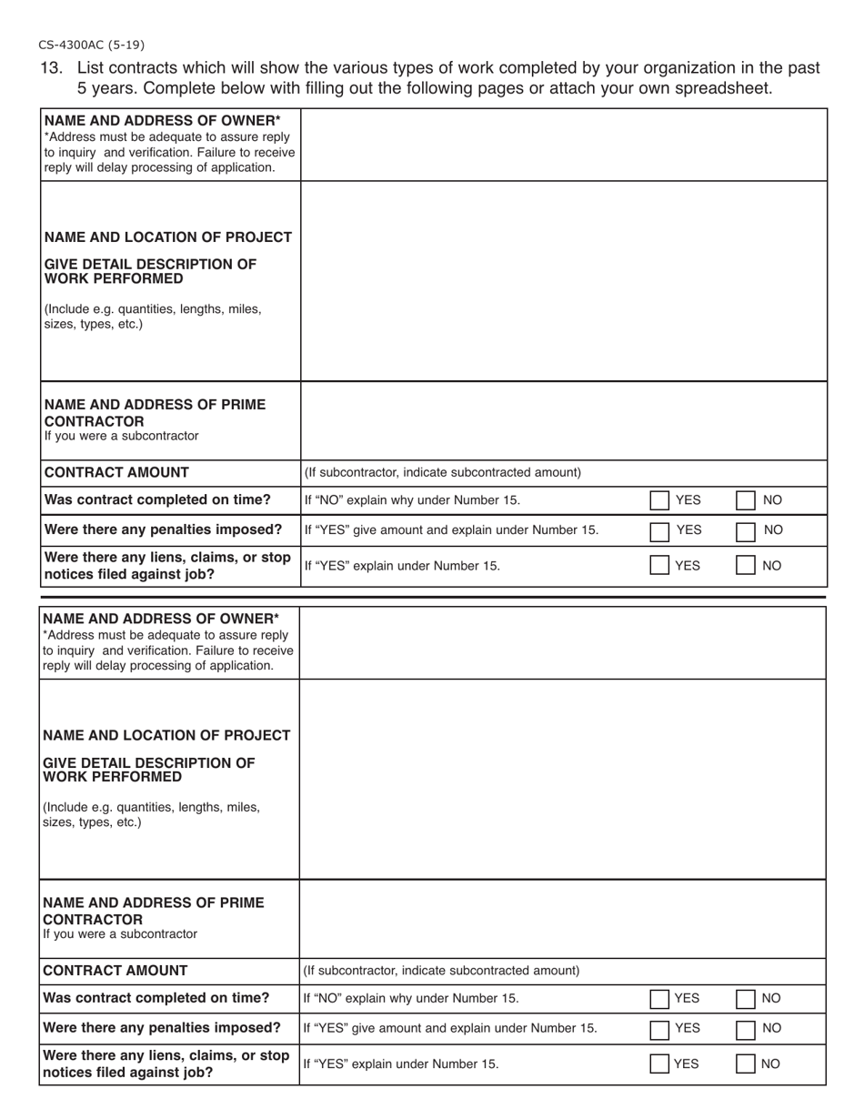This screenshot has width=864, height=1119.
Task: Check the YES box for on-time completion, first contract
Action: tap(659, 500)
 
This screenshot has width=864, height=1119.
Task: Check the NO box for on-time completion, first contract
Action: tap(744, 500)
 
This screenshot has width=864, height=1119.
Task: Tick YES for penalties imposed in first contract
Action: tap(659, 530)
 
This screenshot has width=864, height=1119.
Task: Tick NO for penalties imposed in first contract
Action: tap(744, 530)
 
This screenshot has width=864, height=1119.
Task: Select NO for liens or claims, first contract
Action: tap(744, 566)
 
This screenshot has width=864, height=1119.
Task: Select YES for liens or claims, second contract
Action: tap(659, 1064)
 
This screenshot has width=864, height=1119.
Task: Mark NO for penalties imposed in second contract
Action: tap(744, 1029)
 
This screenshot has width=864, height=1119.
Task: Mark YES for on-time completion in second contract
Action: tap(659, 999)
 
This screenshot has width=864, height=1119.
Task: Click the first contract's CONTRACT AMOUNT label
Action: tap(116, 472)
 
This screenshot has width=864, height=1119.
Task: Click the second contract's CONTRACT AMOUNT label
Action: tap(116, 971)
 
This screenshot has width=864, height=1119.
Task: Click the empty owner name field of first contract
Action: tap(563, 145)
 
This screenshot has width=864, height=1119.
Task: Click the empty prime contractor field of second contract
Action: tap(562, 919)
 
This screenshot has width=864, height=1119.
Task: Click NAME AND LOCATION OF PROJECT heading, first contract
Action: tap(168, 237)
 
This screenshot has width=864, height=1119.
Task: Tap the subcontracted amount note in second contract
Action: tap(441, 971)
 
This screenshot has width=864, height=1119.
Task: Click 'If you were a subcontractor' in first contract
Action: tap(121, 437)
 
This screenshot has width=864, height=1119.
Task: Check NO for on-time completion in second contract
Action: tap(744, 999)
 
